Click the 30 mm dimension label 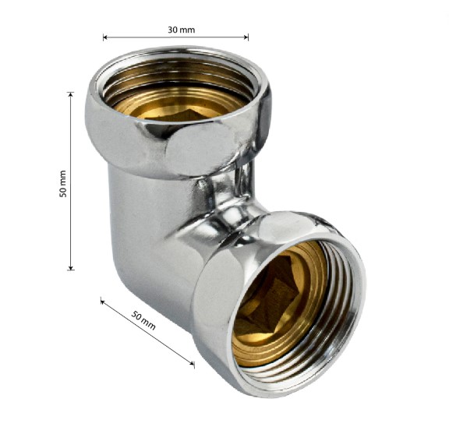(182, 30)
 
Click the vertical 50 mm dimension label (62, 184)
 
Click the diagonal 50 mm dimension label (143, 320)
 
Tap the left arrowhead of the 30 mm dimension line (104, 37)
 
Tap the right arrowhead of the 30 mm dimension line (246, 37)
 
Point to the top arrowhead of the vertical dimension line (71, 94)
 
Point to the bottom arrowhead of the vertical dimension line (71, 268)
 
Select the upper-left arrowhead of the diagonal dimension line (103, 301)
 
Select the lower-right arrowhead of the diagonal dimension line (192, 364)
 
